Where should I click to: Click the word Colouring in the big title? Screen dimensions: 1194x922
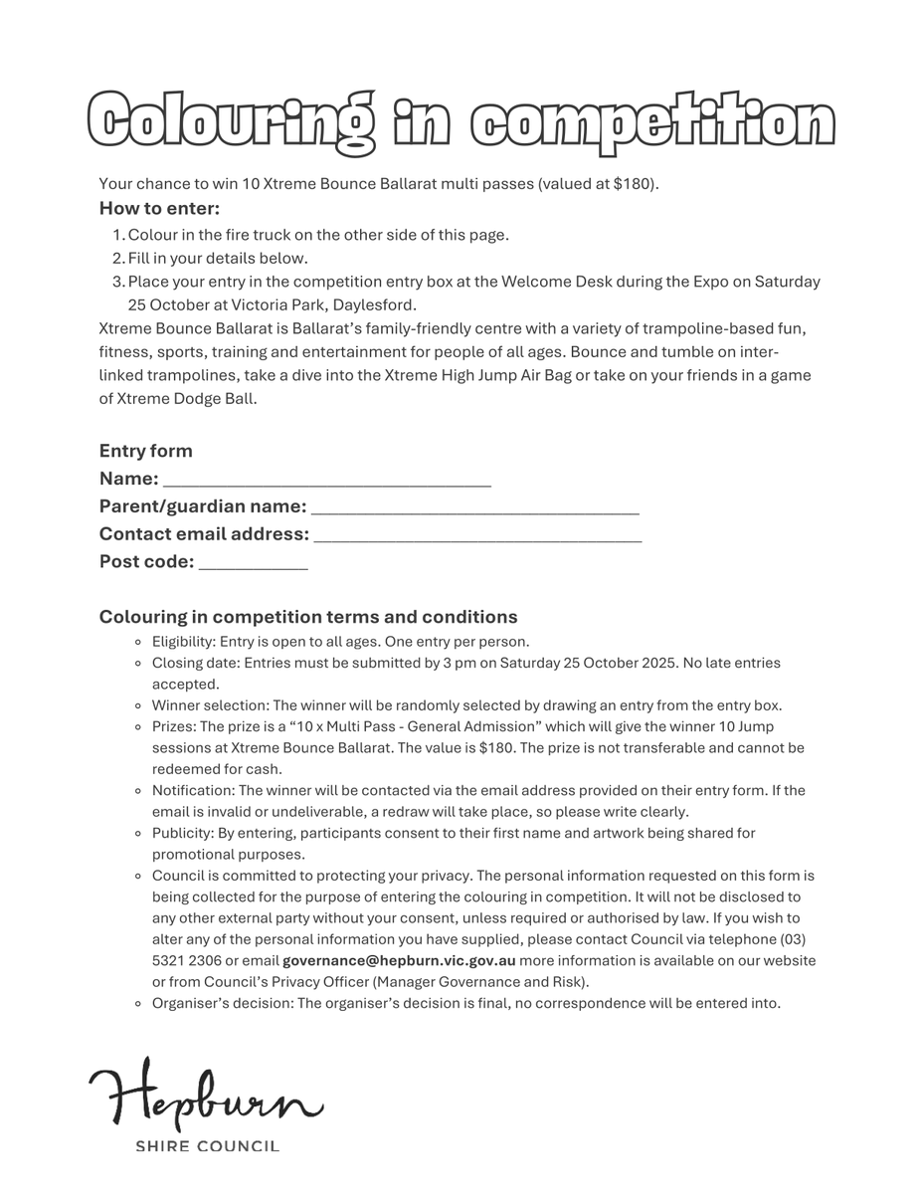point(232,124)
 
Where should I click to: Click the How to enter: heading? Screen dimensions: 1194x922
point(159,208)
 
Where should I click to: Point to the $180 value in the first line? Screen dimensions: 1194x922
point(637,184)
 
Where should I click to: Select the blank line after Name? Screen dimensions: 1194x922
point(326,482)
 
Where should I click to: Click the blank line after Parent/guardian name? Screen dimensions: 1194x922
point(475,509)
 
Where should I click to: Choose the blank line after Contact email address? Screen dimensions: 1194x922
point(477,537)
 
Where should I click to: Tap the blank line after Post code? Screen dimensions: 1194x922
point(254,565)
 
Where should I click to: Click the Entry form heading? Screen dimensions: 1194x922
point(146,451)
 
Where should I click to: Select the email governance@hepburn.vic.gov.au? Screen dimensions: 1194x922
point(399,960)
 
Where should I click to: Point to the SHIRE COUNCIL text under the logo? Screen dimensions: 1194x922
point(207,1146)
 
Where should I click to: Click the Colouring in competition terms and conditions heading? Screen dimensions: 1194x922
point(308,617)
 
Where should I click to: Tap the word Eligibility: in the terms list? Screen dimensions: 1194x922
point(183,642)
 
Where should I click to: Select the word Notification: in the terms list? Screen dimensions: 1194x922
point(193,790)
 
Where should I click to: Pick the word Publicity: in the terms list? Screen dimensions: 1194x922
point(182,833)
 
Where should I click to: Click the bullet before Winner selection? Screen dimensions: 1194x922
point(141,705)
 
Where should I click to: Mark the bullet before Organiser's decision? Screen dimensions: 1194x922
point(141,1003)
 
